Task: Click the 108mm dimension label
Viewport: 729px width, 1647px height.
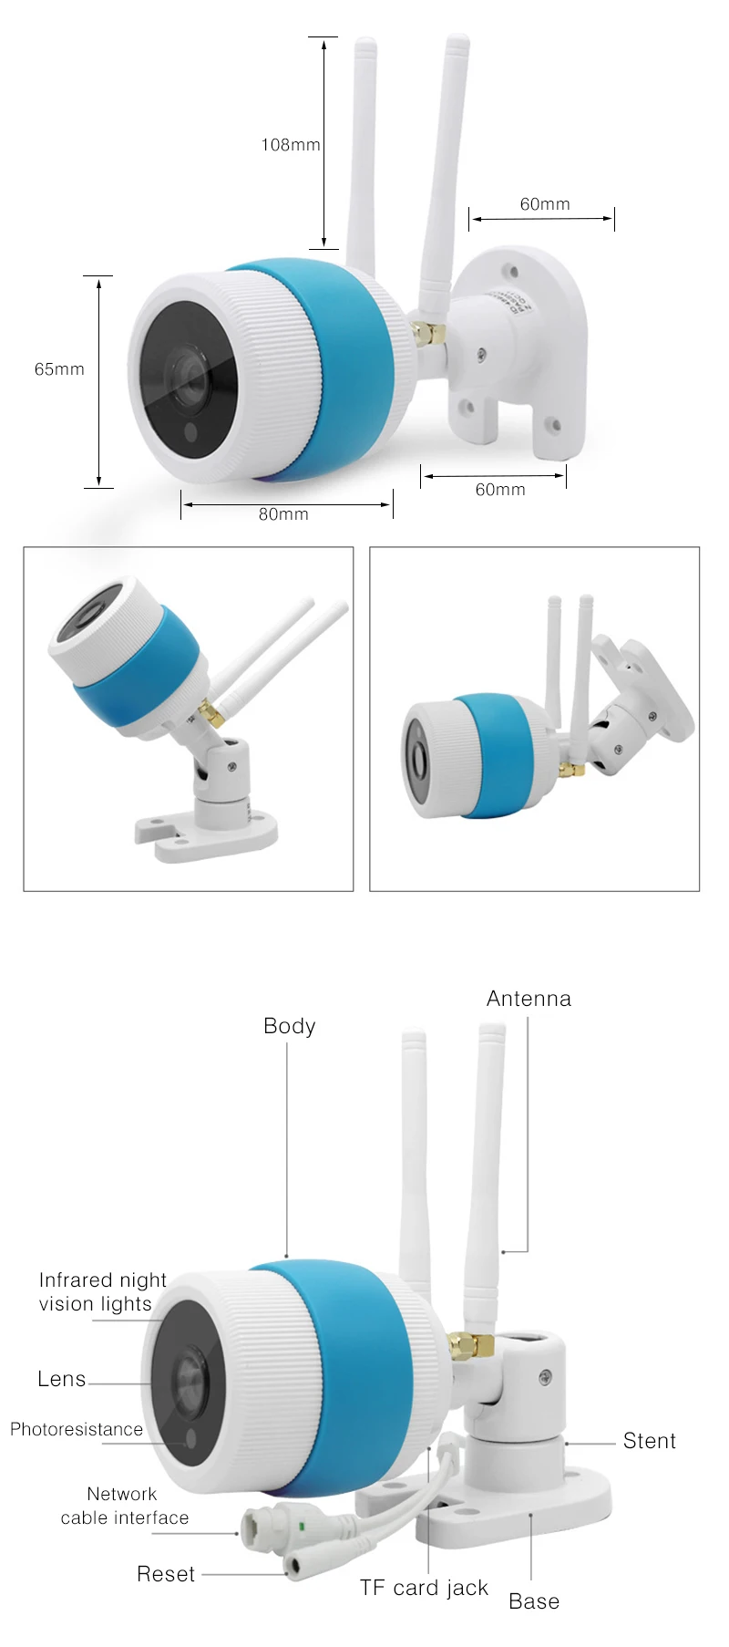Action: [291, 145]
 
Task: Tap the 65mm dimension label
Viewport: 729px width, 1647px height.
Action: [59, 369]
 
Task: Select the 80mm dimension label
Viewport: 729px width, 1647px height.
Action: [283, 514]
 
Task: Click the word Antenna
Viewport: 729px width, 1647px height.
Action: [529, 999]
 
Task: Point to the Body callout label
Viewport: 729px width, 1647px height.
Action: [289, 1027]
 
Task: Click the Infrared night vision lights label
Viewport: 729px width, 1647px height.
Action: [102, 1292]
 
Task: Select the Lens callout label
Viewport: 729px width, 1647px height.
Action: [62, 1379]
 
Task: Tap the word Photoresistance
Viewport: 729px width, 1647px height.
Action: [77, 1429]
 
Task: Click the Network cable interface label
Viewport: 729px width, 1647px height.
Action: [124, 1506]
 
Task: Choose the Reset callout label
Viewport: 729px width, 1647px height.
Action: [166, 1574]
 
